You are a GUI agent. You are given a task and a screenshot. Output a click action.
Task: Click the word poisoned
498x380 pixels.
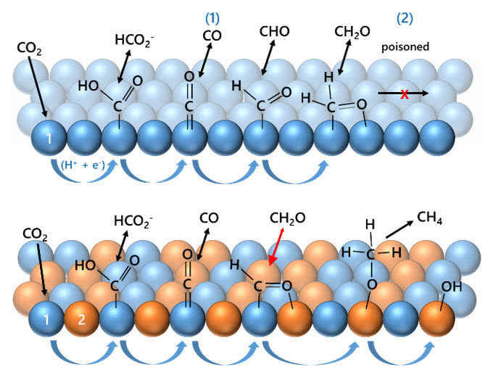pyautogui.click(x=405, y=46)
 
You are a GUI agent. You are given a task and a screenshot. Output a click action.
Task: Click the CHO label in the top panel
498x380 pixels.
pyautogui.click(x=275, y=32)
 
